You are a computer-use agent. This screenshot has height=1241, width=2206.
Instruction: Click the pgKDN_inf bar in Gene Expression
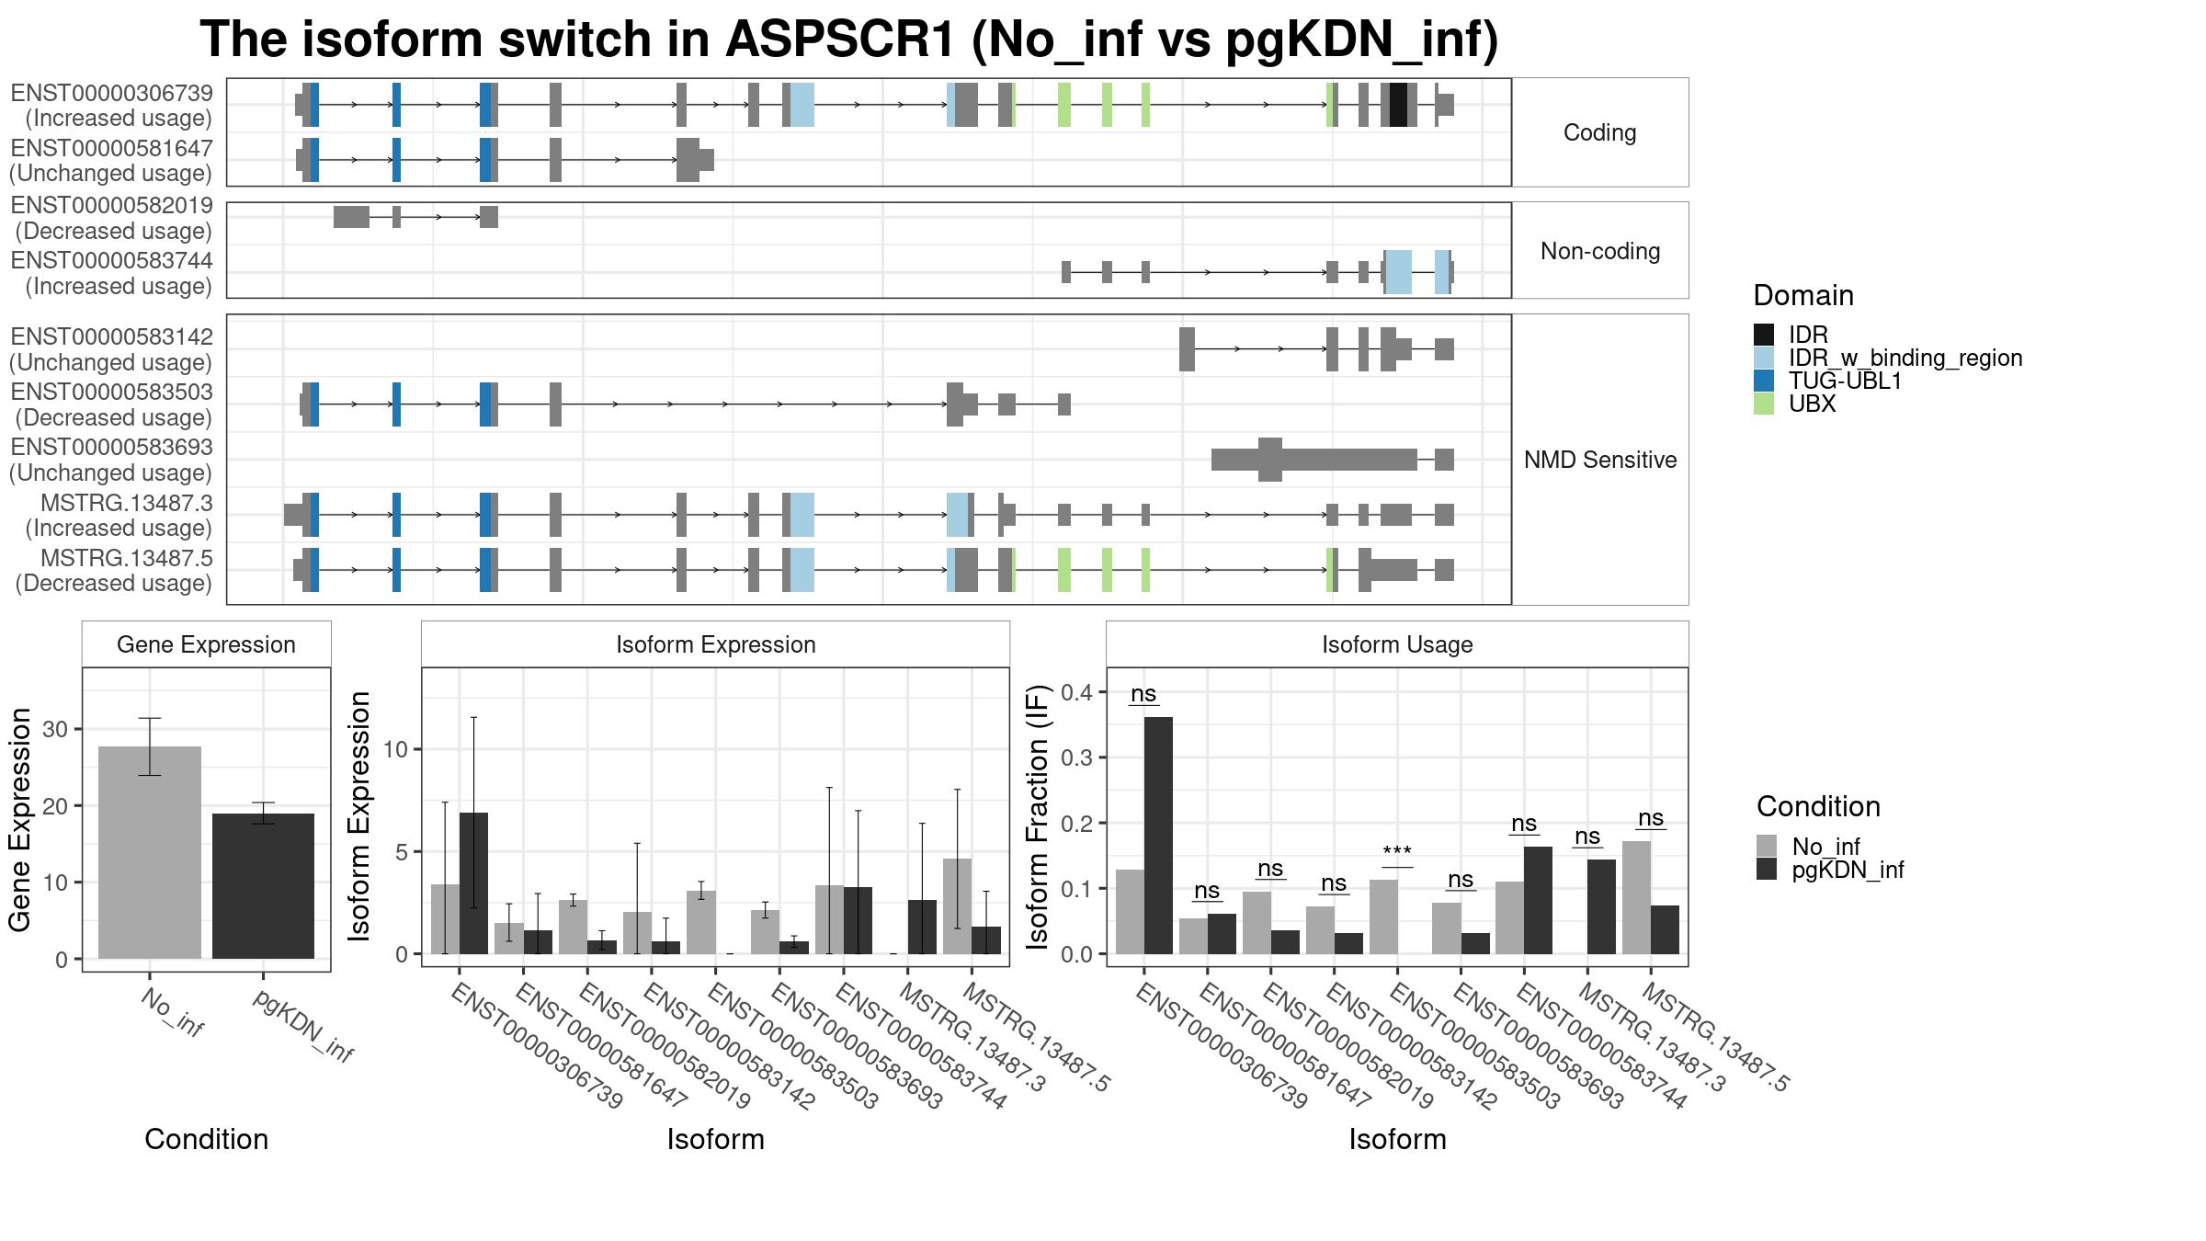(263, 885)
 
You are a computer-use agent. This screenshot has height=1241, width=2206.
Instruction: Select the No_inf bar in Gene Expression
(150, 852)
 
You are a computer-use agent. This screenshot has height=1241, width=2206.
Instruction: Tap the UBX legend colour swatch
(1764, 404)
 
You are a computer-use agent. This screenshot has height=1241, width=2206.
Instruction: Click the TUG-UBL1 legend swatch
(1764, 381)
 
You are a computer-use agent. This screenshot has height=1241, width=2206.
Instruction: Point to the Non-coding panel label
(1600, 251)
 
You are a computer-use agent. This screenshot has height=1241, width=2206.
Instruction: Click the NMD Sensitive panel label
(1600, 460)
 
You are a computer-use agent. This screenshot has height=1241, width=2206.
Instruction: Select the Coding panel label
(1600, 132)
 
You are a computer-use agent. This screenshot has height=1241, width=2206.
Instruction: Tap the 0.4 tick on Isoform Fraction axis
(1077, 692)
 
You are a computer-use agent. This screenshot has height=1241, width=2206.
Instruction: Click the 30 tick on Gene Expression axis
(55, 729)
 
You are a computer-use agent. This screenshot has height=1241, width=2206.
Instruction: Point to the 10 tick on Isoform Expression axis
(394, 749)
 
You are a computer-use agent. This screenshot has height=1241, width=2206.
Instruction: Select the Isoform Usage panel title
(1397, 644)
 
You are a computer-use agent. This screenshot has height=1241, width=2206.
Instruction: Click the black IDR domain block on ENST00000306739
(1398, 105)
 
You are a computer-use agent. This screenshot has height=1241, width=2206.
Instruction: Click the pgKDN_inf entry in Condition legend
(1848, 870)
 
